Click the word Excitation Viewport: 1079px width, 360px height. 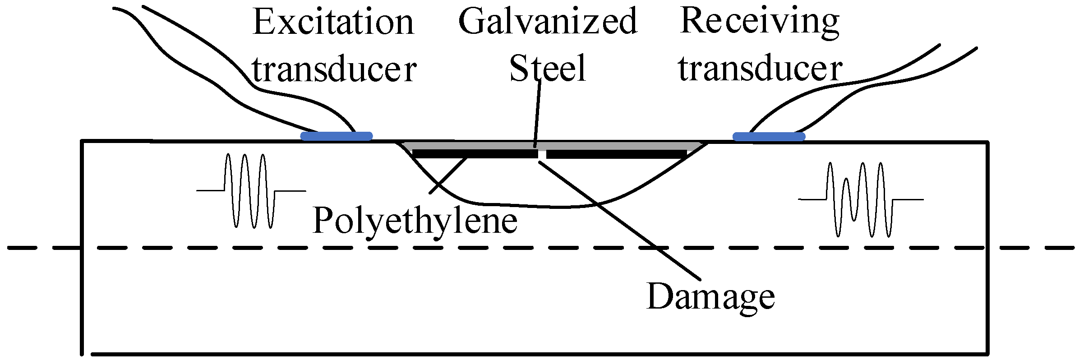pos(333,23)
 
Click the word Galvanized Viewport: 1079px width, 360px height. pos(547,22)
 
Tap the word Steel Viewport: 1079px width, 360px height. pos(547,69)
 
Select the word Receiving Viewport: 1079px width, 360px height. pos(759,22)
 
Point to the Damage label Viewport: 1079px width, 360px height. pos(710,297)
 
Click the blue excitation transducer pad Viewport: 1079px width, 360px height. pos(337,136)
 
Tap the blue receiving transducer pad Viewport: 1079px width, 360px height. pos(769,136)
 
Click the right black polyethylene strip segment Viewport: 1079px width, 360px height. pos(616,154)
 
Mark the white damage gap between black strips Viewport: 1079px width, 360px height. pos(542,154)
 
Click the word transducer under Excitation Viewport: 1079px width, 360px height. pos(334,70)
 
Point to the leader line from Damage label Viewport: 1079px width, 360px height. pos(622,221)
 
